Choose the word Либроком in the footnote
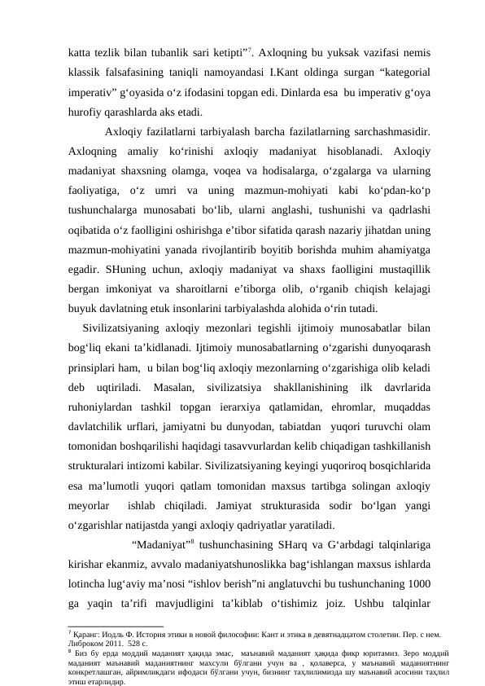(85, 640)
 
